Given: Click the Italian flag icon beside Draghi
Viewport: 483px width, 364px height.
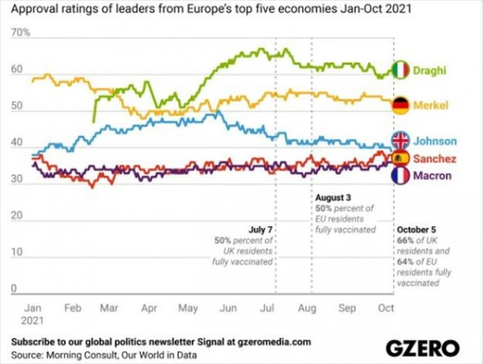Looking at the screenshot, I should (402, 70).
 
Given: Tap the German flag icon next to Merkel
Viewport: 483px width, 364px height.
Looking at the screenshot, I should (401, 105).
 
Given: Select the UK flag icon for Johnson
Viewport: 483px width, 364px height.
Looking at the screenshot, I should (401, 140).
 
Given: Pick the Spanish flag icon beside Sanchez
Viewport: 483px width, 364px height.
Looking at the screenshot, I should (401, 158).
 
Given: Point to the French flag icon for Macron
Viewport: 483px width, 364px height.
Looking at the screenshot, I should (401, 176).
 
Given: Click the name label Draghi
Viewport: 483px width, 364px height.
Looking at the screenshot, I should (431, 71).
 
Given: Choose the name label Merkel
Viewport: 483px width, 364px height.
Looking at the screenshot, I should (431, 106).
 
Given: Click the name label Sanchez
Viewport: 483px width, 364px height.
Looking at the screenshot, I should (436, 159).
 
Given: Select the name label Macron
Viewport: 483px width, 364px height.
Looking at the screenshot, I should (432, 176).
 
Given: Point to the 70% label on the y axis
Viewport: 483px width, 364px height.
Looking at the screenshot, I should (21, 34).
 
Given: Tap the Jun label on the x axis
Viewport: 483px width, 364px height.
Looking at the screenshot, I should (227, 308).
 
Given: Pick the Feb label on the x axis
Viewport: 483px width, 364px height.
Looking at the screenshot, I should (72, 308).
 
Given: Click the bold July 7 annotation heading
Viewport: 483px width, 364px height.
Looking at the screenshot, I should (259, 229).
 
